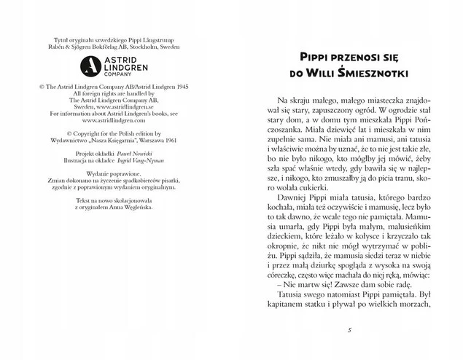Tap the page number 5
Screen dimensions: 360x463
pos(351,331)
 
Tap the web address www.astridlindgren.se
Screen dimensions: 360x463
pos(123,106)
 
